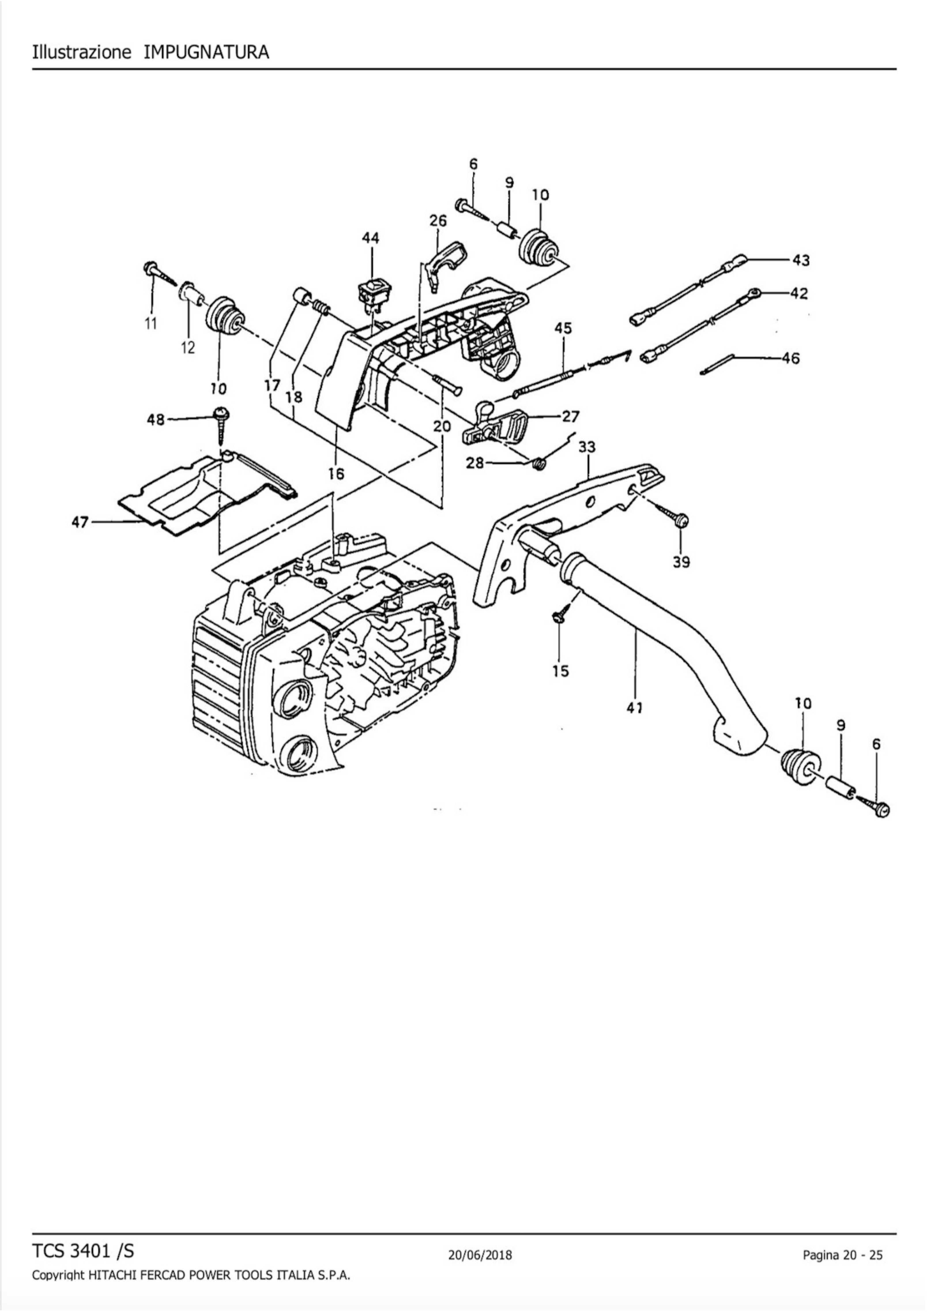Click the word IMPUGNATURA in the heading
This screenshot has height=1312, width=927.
point(206,52)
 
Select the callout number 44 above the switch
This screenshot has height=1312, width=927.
point(371,238)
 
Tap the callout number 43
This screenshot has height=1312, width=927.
point(801,261)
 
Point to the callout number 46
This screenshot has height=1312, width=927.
point(792,359)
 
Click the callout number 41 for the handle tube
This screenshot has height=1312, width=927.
point(634,708)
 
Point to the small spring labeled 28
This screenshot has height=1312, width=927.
point(538,464)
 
